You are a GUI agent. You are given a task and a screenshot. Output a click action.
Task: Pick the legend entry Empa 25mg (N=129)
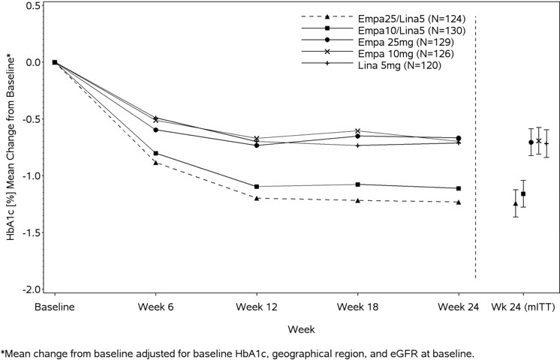(402, 42)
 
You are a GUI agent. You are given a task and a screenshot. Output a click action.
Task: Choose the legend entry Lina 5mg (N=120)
(399, 66)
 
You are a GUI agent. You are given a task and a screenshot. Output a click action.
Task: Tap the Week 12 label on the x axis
(257, 307)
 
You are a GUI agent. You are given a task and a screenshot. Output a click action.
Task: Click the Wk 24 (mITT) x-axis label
(522, 307)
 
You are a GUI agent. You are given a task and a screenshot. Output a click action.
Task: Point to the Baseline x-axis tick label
(55, 307)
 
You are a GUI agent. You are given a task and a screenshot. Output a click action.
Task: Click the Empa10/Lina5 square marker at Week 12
(257, 186)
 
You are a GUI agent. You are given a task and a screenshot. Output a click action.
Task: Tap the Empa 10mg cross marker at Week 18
(357, 131)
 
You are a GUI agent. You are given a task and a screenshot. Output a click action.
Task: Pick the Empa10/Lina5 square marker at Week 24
(459, 188)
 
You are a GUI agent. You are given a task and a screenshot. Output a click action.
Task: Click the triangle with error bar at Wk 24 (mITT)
(515, 203)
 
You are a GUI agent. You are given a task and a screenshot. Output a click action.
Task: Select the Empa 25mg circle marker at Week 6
(156, 130)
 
